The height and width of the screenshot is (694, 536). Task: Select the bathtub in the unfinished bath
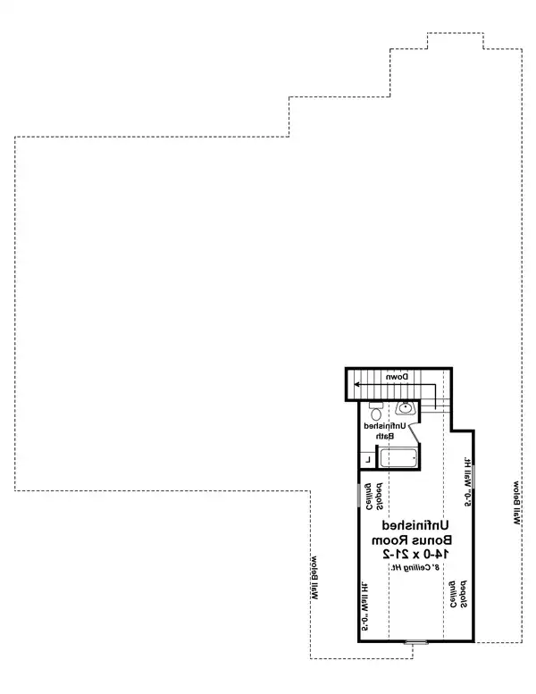[x=398, y=459]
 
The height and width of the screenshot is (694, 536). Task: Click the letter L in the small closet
[x=368, y=460]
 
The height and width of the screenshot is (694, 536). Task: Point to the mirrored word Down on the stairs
[x=398, y=379]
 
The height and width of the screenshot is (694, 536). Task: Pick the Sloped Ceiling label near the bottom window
[x=458, y=593]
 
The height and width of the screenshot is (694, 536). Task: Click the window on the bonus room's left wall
[x=359, y=496]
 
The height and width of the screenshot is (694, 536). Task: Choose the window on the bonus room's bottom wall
[x=415, y=641]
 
